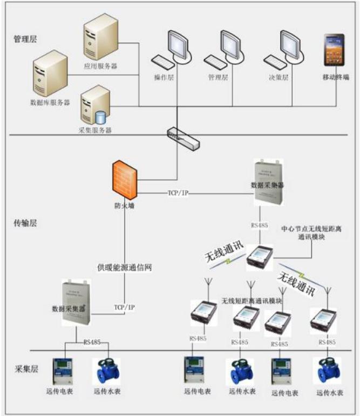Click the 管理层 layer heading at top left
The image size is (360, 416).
(x=24, y=39)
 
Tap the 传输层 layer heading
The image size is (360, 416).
(x=24, y=222)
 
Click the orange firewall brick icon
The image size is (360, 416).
(x=126, y=182)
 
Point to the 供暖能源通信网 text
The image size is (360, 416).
(x=124, y=267)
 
